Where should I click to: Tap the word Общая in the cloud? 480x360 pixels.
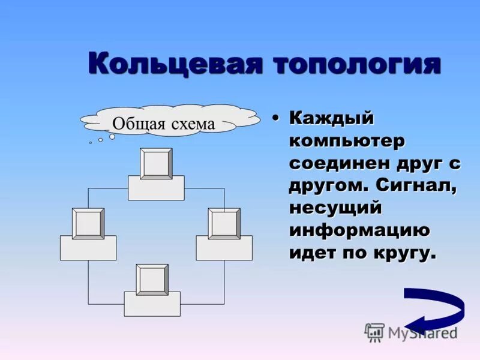135,124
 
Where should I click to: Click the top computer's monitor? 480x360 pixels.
156,163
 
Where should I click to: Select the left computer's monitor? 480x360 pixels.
88,223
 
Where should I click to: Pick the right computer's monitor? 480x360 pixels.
224,223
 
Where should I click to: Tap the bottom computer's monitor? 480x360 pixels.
152,280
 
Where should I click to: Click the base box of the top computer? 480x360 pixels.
156,189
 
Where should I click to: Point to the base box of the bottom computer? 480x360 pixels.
152,305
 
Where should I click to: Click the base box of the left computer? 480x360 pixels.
88,248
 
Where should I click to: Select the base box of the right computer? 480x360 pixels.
224,248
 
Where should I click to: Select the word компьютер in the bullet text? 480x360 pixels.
347,142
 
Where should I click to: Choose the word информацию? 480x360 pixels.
359,230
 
